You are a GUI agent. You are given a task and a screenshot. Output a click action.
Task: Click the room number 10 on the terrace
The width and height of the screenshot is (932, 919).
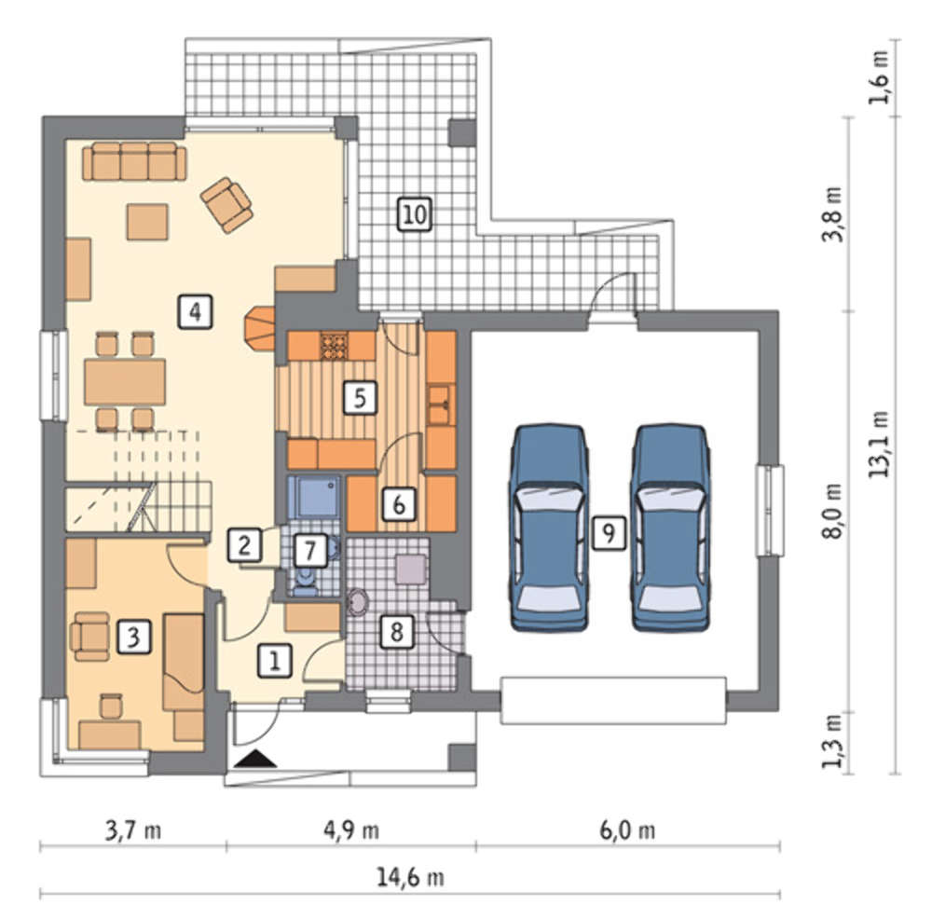click(x=415, y=214)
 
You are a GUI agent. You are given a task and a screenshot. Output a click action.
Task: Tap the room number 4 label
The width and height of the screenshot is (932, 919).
click(x=195, y=311)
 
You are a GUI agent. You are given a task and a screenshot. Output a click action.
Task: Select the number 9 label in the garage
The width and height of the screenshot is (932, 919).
click(x=609, y=533)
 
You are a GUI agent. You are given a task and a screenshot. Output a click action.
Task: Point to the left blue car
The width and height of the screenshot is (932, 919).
click(x=549, y=528)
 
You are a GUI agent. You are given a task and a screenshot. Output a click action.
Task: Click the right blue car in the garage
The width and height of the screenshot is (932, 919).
click(x=670, y=528)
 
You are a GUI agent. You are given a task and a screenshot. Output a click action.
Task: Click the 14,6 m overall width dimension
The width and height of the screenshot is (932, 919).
click(x=410, y=877)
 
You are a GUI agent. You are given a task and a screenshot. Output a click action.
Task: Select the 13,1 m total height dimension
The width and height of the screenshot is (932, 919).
click(x=880, y=444)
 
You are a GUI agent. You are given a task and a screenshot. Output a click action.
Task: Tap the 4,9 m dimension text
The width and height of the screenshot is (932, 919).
click(x=351, y=830)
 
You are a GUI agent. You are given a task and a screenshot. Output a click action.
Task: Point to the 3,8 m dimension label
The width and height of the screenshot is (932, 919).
click(x=832, y=214)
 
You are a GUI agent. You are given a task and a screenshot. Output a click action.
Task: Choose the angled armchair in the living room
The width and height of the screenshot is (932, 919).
click(x=226, y=205)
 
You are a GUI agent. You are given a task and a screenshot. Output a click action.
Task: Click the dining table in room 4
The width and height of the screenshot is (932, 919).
click(x=125, y=381)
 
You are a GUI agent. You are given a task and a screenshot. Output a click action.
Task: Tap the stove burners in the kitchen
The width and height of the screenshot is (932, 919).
click(x=334, y=346)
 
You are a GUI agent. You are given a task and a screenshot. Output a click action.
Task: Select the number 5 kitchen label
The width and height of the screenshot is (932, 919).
click(x=360, y=397)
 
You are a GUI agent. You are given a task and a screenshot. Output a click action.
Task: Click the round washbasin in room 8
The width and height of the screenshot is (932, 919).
click(x=358, y=601)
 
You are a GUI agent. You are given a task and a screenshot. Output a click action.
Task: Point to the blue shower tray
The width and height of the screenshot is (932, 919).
click(x=314, y=498)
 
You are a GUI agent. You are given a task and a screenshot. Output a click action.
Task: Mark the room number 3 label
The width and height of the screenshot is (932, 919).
click(x=133, y=637)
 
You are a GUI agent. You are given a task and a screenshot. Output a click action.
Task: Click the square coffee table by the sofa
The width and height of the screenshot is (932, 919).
click(x=147, y=221)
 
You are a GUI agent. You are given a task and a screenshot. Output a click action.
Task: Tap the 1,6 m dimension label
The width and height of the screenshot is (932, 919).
click(x=880, y=77)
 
